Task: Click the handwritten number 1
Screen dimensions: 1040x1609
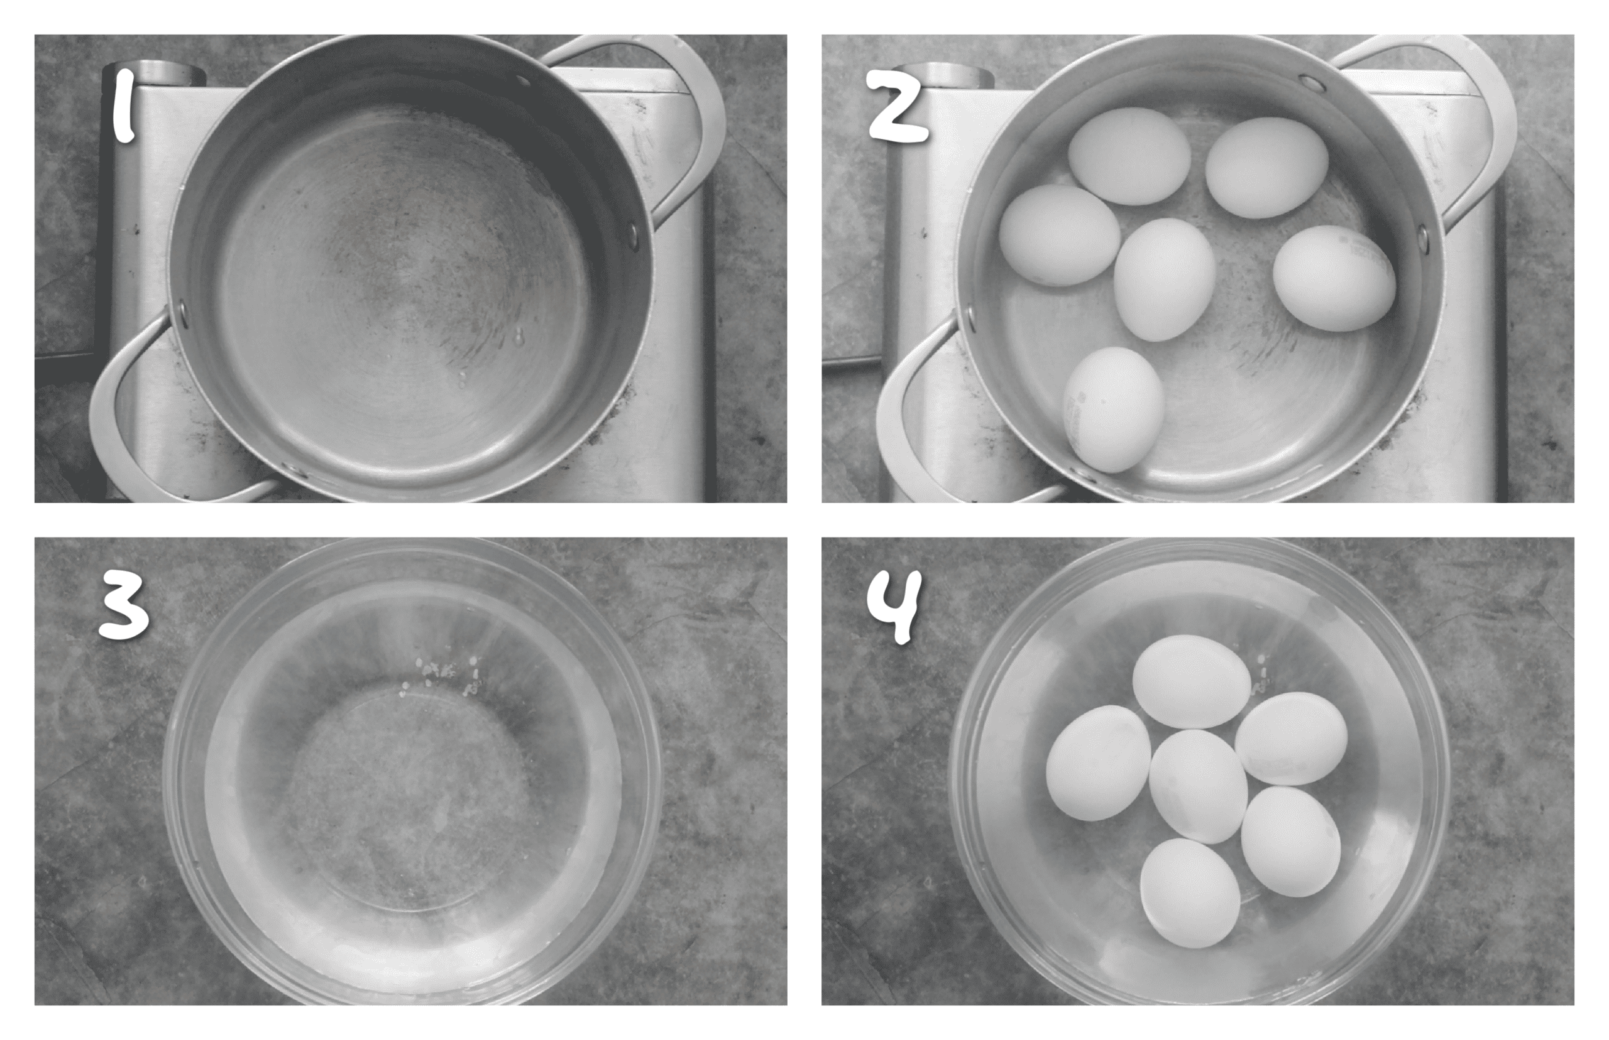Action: tap(124, 107)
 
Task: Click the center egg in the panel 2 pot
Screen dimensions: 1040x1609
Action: tap(1165, 279)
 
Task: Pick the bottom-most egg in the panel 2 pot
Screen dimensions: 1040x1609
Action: tap(1114, 409)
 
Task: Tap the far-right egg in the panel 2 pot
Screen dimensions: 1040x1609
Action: tap(1333, 278)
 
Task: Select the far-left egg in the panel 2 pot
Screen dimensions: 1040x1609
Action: tap(1059, 236)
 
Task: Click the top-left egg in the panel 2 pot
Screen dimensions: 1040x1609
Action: tap(1129, 155)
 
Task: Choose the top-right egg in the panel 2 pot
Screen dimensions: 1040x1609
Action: tap(1266, 168)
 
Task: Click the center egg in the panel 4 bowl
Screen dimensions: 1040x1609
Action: tap(1198, 786)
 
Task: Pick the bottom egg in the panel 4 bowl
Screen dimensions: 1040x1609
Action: tap(1189, 893)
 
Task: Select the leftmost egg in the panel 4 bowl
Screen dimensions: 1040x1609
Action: tap(1098, 763)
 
